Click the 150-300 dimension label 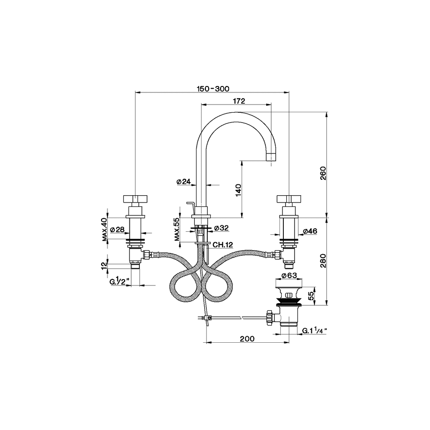pyautogui.click(x=213, y=89)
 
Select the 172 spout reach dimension pyautogui.click(x=239, y=101)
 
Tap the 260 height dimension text pyautogui.click(x=323, y=173)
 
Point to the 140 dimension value pyautogui.click(x=238, y=190)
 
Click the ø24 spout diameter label pyautogui.click(x=184, y=181)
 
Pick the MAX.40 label pyautogui.click(x=104, y=230)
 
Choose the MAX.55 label pyautogui.click(x=177, y=229)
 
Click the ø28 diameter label pyautogui.click(x=117, y=229)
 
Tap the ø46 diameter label pyautogui.click(x=310, y=231)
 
